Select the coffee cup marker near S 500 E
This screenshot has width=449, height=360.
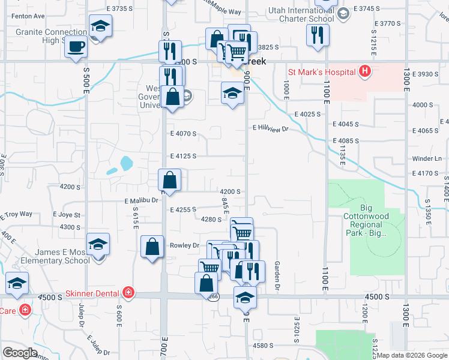[x=76, y=47]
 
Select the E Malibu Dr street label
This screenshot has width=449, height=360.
[x=141, y=201]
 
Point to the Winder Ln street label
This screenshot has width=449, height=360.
[x=427, y=159]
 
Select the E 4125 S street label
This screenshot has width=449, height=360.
[x=183, y=156]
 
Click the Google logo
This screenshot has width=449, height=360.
[x=20, y=352]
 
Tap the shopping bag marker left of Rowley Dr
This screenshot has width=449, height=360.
[x=153, y=247]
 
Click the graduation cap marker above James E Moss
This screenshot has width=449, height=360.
[x=98, y=245]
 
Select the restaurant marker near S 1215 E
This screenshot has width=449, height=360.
[x=318, y=35]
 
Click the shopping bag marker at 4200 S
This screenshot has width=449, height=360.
[x=170, y=179]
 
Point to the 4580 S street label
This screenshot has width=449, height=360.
[x=263, y=346]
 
